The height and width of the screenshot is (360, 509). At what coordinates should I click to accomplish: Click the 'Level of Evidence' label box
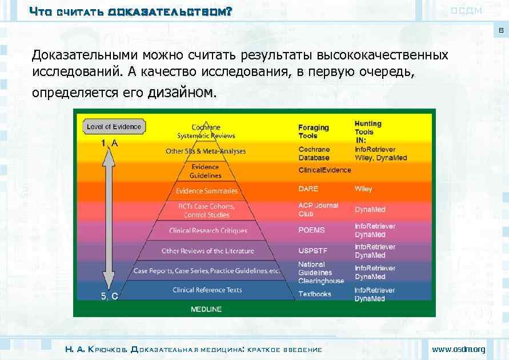pos(114,126)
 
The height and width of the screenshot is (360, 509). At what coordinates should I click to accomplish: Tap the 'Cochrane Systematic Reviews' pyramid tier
pos(206,131)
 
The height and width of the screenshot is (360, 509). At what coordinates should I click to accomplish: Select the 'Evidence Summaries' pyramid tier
pos(206,191)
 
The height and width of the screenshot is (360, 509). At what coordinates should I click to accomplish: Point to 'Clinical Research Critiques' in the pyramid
pos(208,231)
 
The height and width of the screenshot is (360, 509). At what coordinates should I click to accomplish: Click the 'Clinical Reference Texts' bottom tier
pos(207,290)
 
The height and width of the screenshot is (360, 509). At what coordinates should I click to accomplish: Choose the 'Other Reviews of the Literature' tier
pos(207,251)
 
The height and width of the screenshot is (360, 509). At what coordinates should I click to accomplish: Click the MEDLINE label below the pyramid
pos(206,309)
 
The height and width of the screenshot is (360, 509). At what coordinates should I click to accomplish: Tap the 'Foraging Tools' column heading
pos(314,131)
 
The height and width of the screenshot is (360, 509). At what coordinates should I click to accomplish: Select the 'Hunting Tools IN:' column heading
pos(368,131)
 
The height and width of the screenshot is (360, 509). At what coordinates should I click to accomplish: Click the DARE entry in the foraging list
pos(308,189)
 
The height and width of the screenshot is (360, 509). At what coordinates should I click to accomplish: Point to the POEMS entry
pos(311,230)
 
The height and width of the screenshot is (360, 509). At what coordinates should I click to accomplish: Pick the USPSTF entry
pos(312,251)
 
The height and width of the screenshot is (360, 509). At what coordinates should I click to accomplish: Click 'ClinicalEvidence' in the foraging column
pos(324,170)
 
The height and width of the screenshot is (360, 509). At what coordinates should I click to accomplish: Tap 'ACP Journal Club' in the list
pos(318,210)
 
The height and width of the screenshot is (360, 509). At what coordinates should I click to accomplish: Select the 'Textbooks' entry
pos(314,294)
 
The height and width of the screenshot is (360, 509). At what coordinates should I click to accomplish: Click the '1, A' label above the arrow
pos(109,144)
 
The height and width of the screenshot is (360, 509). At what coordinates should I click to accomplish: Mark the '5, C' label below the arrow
pos(109,296)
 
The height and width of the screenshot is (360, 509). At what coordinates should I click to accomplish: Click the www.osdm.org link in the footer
pos(458,349)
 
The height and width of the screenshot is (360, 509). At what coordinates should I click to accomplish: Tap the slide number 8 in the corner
pos(501,31)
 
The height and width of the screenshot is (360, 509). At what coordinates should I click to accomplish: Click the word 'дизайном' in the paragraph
pos(182,92)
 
